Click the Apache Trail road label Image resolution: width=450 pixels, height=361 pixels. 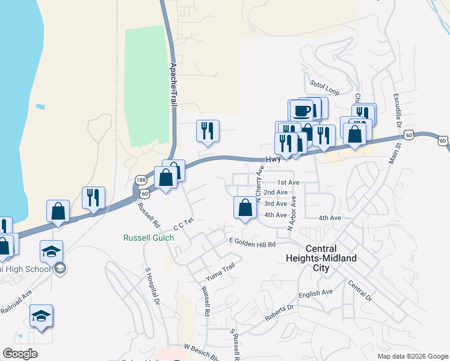click(174, 85)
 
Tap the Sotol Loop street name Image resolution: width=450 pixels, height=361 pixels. click(325, 85)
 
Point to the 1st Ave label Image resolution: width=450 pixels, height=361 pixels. click(288, 182)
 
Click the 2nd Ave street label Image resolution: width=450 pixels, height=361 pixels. click(276, 193)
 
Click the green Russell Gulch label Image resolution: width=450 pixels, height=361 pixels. click(149, 238)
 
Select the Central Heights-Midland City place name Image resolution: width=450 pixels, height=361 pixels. click(331, 258)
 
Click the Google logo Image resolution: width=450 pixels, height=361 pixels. click(20, 354)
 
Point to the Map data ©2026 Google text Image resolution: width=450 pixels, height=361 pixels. click(412, 356)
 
